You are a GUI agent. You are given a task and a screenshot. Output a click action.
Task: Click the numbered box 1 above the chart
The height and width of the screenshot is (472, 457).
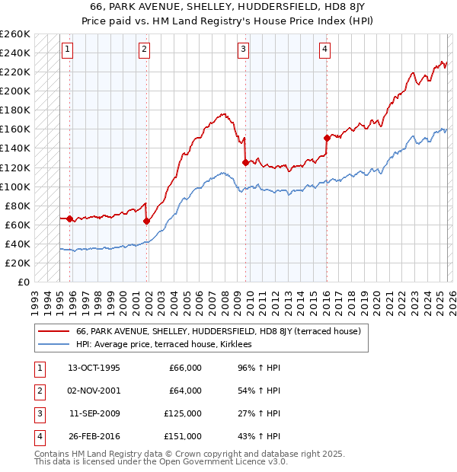click(68, 50)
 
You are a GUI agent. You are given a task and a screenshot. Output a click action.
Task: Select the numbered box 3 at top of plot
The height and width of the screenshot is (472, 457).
click(243, 50)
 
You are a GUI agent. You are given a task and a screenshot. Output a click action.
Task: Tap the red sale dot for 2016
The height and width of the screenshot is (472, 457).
click(327, 138)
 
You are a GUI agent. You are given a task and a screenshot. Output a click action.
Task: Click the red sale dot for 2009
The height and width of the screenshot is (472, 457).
click(245, 162)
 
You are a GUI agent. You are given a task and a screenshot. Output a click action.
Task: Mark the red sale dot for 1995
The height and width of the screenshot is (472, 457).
click(70, 219)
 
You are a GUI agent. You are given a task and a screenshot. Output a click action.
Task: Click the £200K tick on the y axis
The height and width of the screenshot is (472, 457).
click(15, 91)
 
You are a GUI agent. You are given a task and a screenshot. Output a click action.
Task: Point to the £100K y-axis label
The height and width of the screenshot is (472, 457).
click(15, 187)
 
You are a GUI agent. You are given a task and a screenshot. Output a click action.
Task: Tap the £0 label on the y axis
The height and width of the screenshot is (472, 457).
click(22, 282)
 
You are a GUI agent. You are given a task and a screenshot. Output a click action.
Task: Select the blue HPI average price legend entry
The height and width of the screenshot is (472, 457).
click(168, 344)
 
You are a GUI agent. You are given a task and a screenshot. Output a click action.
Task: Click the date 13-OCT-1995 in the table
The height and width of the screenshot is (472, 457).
click(94, 368)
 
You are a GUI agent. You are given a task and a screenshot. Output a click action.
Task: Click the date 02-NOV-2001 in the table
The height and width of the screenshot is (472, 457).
click(94, 391)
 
